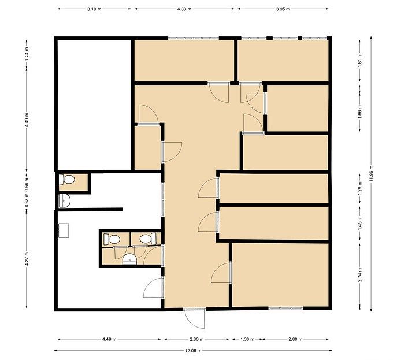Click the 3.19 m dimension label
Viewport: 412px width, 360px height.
click(94, 9)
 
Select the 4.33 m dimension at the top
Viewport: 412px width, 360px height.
click(184, 9)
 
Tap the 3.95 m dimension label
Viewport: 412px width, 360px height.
click(283, 9)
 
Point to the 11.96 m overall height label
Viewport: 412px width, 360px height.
click(371, 174)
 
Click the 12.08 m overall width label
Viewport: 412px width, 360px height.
click(193, 351)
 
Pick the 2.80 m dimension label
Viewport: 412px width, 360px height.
click(196, 339)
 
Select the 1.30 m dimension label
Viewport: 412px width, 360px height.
click(247, 339)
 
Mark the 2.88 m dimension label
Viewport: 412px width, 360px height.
click(295, 339)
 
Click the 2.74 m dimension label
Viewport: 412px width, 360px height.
click(360, 275)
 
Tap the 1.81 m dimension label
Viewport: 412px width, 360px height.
click(360, 61)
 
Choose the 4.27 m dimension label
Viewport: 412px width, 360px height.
click(27, 259)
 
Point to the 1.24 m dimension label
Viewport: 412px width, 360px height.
click(27, 54)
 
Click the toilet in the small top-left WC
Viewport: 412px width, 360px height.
click(66, 180)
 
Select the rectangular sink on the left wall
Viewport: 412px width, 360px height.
click(64, 231)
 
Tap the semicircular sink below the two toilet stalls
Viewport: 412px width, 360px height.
click(130, 259)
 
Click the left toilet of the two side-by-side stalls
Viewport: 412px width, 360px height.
click(112, 239)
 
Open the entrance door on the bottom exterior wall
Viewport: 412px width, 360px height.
click(194, 318)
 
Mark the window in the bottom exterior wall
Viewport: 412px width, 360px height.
click(285, 308)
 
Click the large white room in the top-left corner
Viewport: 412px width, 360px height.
click(94, 105)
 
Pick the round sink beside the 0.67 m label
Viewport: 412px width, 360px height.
click(64, 201)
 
